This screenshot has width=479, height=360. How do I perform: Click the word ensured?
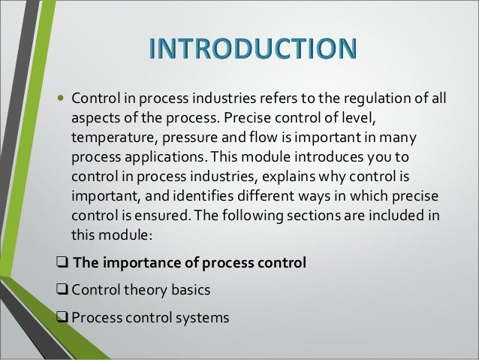(x=149, y=218)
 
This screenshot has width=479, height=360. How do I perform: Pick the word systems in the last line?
(x=200, y=315)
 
